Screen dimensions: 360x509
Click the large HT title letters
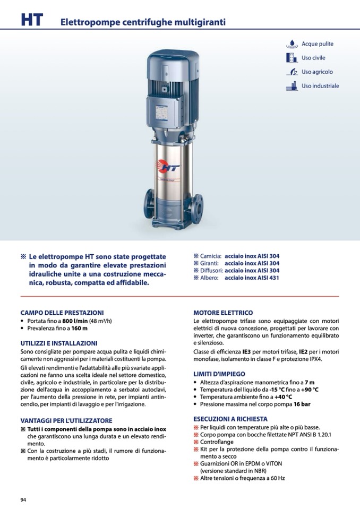32,20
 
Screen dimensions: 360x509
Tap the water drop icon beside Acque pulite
292,44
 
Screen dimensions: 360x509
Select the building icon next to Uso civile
292,58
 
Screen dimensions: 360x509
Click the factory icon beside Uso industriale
292,85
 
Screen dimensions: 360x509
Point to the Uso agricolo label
317,72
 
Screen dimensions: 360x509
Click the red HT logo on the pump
167,167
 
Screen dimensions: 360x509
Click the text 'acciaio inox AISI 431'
252,278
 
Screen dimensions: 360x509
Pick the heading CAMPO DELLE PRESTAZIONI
62,313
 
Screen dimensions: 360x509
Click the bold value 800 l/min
75,321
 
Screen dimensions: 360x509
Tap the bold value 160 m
80,328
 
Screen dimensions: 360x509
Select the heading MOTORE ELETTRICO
223,313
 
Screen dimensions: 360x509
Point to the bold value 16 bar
302,404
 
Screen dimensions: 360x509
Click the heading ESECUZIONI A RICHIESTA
230,419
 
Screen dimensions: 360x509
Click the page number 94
23,500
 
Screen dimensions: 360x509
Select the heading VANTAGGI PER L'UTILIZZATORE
66,421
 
